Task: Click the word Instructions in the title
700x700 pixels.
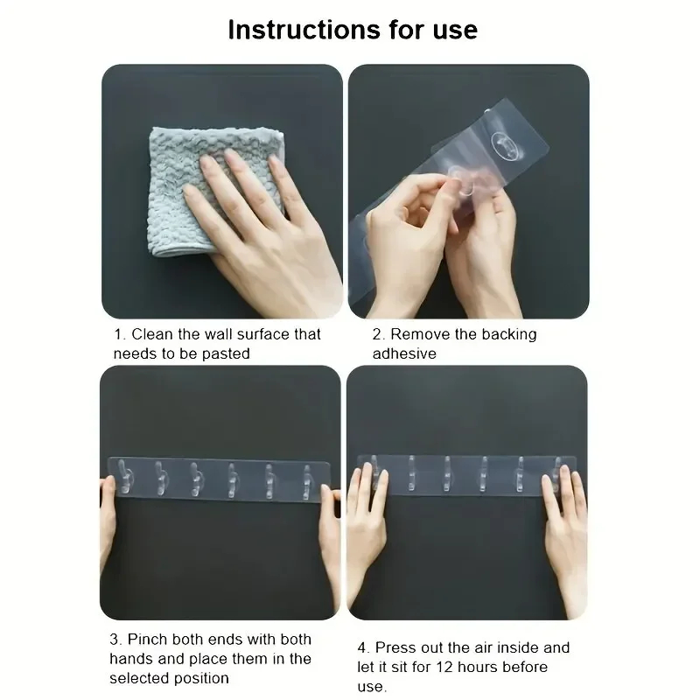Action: pyautogui.click(x=304, y=30)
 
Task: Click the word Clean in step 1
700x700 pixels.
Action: pyautogui.click(x=151, y=334)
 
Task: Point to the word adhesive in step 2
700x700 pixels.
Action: pyautogui.click(x=404, y=353)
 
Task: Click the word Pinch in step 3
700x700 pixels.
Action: pyautogui.click(x=148, y=640)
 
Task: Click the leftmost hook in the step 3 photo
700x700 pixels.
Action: pyautogui.click(x=124, y=477)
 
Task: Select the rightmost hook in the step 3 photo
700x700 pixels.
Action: pyautogui.click(x=306, y=482)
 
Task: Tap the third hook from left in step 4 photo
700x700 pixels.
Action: pyautogui.click(x=447, y=473)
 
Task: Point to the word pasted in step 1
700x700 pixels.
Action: pyautogui.click(x=226, y=354)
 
